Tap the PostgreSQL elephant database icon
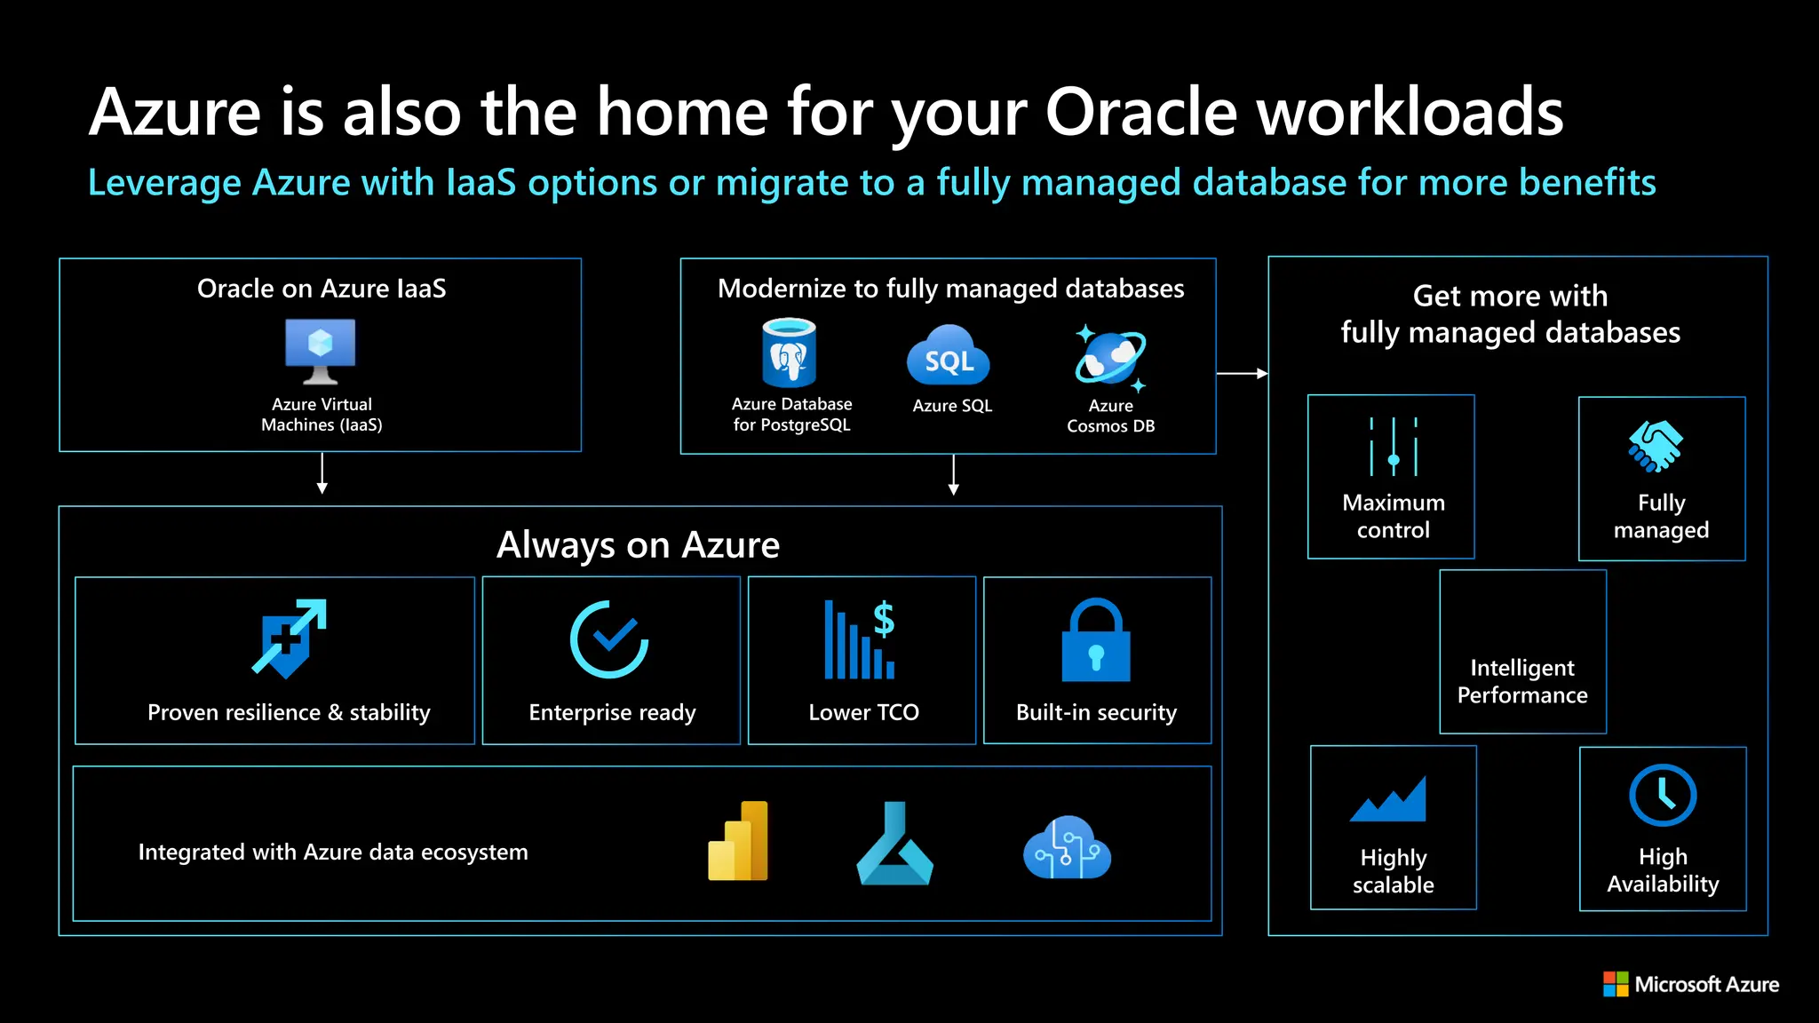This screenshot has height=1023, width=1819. (789, 353)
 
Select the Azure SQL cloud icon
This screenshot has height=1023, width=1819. (949, 356)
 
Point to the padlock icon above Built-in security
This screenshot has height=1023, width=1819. (1096, 640)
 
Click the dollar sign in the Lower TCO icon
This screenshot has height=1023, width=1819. (884, 618)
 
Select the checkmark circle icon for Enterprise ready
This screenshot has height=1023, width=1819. (609, 639)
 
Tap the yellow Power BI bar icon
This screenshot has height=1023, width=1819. (738, 841)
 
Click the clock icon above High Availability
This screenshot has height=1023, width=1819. (1663, 796)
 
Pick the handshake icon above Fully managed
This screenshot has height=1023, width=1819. (1656, 446)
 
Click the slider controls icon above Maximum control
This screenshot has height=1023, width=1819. (1393, 447)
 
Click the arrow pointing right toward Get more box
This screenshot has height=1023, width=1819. (1243, 374)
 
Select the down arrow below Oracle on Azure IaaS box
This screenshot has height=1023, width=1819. (322, 473)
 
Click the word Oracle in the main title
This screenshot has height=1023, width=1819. (1142, 113)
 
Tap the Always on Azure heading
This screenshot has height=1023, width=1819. (638, 544)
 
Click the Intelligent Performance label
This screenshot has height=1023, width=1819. (1522, 681)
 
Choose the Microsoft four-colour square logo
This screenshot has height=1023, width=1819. (1616, 984)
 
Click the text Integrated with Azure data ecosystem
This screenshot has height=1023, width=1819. (333, 852)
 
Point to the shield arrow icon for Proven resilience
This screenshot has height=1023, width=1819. (289, 638)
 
